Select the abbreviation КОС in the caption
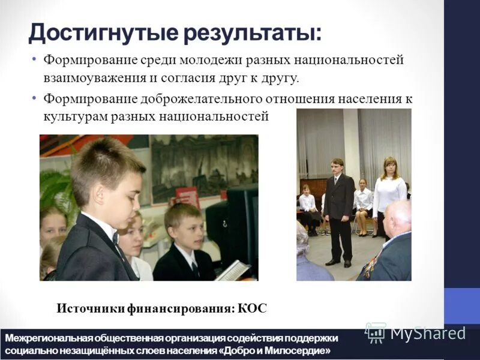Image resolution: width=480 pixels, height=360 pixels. coord(252,308)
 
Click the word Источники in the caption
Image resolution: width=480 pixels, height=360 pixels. coord(90,308)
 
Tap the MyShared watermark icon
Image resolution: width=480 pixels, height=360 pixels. coord(376,332)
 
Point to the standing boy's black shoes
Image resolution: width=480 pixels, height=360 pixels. coord(339,262)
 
